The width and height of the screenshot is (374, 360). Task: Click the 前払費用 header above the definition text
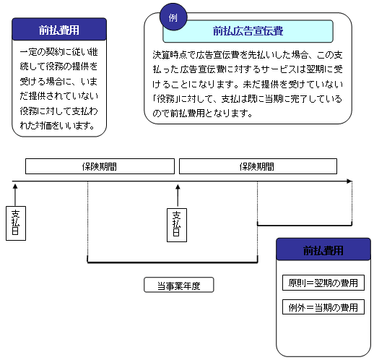pos(59,29)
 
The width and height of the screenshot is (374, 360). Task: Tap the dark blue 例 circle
pos(173,17)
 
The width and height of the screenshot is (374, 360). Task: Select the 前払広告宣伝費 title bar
pos(248,31)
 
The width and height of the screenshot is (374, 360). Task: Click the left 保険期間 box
pos(100,166)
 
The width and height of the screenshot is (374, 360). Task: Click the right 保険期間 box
pos(258,166)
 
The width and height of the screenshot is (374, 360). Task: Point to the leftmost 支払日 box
pos(16,223)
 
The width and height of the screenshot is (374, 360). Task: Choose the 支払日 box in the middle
pos(177,225)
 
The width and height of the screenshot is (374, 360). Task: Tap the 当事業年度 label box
pos(179,285)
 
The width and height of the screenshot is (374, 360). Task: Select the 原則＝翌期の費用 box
pos(323,283)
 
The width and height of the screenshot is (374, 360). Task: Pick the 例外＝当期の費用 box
pos(323,307)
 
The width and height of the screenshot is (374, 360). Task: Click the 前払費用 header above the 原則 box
pos(323,249)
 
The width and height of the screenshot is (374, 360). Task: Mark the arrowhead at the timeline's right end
pos(349,181)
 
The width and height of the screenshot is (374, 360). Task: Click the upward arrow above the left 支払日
pos(15,195)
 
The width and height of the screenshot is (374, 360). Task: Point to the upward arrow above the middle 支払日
pos(178,195)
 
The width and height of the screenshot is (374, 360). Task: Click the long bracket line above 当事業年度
pos(173,262)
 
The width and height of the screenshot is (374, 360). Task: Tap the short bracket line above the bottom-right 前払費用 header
pos(305,225)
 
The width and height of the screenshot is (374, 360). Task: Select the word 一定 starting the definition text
pos(28,52)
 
